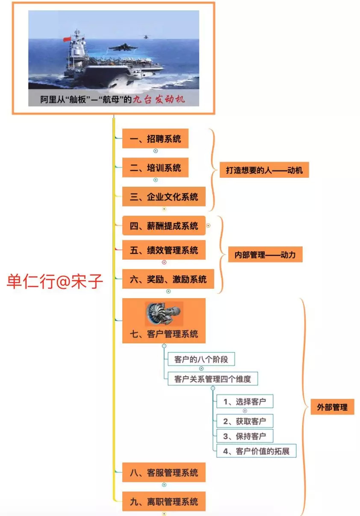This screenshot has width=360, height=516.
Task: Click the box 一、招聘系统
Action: click(x=155, y=138)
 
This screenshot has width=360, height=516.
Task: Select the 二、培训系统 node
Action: click(x=155, y=167)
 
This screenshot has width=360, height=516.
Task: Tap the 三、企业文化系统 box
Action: click(x=164, y=197)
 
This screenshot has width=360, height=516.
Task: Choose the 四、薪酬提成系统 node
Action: click(x=164, y=226)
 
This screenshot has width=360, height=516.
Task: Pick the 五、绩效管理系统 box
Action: click(x=164, y=250)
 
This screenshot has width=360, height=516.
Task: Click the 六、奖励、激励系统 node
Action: click(x=168, y=280)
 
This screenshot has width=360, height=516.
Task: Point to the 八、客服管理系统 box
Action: click(x=164, y=473)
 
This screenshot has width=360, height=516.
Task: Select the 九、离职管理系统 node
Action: click(x=164, y=502)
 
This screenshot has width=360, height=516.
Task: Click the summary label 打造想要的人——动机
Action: click(x=264, y=170)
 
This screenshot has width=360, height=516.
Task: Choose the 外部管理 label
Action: click(x=332, y=407)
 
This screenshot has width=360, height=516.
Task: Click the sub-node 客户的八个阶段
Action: click(x=201, y=359)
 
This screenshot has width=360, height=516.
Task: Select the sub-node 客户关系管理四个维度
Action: click(x=212, y=378)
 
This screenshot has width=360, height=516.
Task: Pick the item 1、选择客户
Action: click(x=245, y=402)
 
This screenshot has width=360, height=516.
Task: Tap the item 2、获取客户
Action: click(x=245, y=421)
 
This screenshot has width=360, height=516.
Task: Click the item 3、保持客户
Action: click(x=245, y=436)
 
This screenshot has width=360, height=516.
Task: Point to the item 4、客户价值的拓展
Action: click(x=256, y=451)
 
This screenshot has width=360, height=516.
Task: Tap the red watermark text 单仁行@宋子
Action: click(x=55, y=282)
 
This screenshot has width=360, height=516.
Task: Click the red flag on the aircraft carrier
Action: click(x=66, y=39)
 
